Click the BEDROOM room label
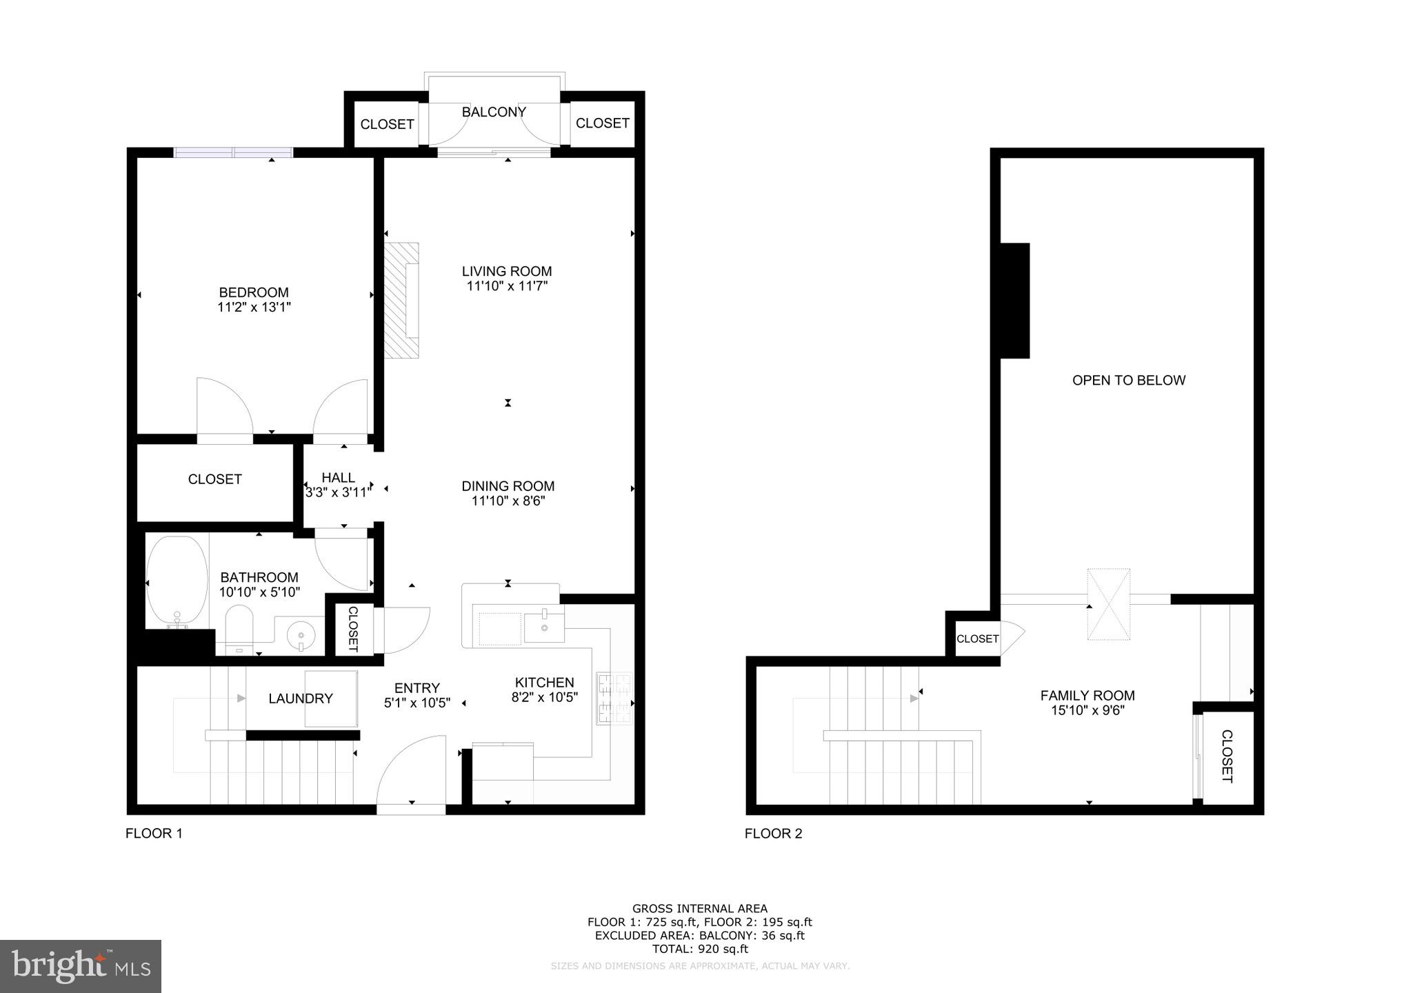[x=254, y=292]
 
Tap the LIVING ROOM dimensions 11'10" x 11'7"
[x=507, y=286]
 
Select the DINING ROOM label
[x=508, y=486]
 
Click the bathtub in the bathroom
[x=177, y=581]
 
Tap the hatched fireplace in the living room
[x=401, y=301]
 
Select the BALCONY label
[x=494, y=112]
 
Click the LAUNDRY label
[x=301, y=699]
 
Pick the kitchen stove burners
[x=614, y=698]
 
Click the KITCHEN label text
[x=544, y=683]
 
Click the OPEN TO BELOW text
[x=1129, y=380]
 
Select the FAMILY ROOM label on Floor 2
[x=1087, y=696]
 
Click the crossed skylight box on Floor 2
[x=1109, y=604]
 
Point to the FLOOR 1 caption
[x=154, y=833]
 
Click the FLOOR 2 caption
[x=773, y=833]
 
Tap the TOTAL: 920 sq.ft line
[x=700, y=949]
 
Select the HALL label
[x=338, y=477]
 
